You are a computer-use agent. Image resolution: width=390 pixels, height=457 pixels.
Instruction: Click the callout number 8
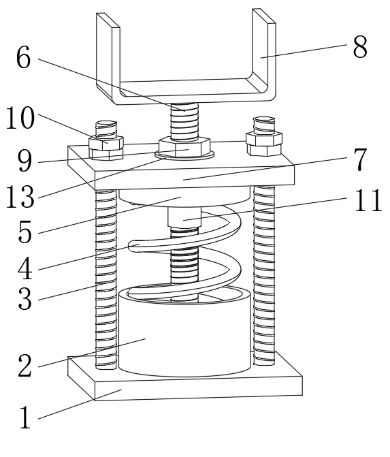point(360,47)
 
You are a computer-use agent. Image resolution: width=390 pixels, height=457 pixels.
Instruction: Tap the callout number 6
point(23,57)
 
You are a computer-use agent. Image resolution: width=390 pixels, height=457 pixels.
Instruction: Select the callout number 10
point(20,118)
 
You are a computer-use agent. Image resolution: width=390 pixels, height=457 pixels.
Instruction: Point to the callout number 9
point(25,161)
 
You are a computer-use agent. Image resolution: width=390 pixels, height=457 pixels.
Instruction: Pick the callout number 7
point(360,159)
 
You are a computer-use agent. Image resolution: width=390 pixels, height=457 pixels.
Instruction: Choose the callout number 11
point(368,200)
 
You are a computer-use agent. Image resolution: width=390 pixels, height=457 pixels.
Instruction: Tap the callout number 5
point(25,232)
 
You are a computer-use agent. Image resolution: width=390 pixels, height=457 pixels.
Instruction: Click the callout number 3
point(25,298)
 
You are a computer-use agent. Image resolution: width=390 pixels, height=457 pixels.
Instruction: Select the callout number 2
point(25,365)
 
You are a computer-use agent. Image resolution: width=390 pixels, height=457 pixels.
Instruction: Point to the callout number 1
point(25,417)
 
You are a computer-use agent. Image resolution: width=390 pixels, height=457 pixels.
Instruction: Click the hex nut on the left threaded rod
point(106,148)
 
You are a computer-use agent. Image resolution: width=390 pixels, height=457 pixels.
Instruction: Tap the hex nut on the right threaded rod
point(264,144)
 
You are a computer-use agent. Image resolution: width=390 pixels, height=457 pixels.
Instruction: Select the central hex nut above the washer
point(184,146)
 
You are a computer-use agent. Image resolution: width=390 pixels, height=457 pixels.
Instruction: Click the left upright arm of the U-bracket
point(108,55)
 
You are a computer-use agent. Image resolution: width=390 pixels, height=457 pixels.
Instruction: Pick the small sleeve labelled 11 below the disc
point(184,217)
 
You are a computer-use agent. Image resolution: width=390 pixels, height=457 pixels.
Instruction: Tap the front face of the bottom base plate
point(199,389)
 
